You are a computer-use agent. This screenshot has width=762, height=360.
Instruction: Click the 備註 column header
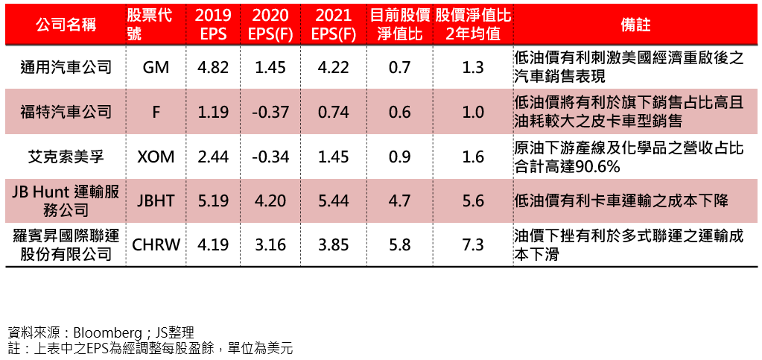635,25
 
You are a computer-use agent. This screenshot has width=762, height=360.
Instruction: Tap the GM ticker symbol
156,68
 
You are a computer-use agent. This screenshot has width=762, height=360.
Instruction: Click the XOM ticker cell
156,157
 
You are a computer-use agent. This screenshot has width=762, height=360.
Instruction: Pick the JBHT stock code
156,200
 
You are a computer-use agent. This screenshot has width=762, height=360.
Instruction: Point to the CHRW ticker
156,245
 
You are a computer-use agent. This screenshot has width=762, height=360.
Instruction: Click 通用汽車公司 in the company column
66,68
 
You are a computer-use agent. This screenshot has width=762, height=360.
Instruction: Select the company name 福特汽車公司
66,113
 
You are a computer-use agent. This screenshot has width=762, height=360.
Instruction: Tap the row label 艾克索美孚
66,157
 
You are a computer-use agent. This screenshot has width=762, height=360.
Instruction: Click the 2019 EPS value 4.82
213,68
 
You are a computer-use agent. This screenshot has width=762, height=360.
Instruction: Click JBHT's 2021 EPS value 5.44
333,200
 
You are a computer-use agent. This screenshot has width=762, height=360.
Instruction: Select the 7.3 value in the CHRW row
473,245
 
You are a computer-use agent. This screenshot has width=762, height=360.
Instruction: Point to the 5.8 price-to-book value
400,245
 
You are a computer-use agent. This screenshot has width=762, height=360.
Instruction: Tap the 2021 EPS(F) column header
333,25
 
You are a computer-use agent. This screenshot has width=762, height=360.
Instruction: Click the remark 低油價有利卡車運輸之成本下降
621,200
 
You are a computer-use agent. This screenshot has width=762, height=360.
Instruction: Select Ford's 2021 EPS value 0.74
333,113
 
